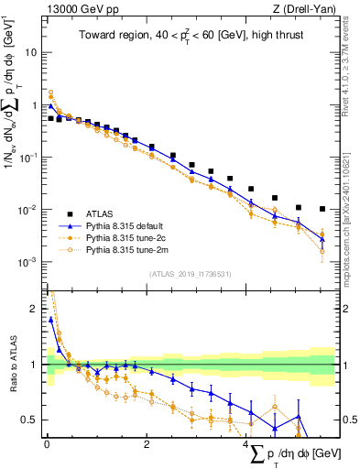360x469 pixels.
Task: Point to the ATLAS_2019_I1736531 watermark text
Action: coord(190,274)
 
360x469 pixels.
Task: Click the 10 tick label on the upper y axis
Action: coord(29,52)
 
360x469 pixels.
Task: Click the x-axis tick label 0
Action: coord(46,447)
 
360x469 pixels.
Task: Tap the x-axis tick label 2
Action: coord(148,447)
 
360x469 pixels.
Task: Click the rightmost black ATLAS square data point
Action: coord(321,209)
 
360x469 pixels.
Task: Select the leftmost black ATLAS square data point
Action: coord(50,118)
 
